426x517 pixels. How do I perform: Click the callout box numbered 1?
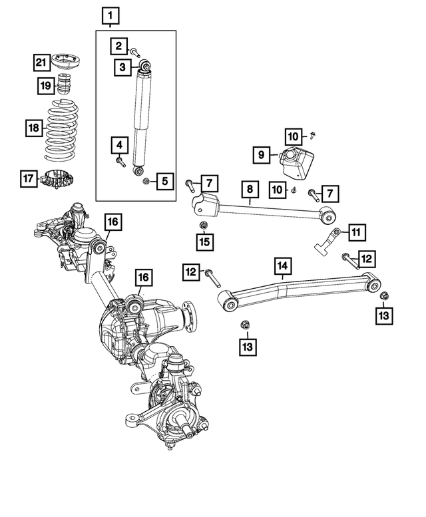[x=110, y=16]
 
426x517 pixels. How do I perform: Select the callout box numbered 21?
[x=41, y=63]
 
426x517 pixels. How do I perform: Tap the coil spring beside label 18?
[x=61, y=130]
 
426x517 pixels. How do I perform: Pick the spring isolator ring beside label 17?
[x=57, y=179]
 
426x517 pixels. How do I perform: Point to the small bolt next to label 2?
[x=135, y=52]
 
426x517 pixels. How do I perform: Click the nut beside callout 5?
[x=146, y=181]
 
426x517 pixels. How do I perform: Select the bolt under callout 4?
[x=120, y=162]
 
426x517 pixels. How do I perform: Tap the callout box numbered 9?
[x=262, y=155]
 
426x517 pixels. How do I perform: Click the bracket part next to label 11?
[x=326, y=242]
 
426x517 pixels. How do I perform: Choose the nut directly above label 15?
[x=203, y=226]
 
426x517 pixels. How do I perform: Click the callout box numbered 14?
[x=283, y=266]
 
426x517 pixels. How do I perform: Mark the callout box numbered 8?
[x=250, y=189]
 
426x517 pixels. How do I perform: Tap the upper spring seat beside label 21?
[x=67, y=61]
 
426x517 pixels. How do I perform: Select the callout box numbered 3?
[x=122, y=67]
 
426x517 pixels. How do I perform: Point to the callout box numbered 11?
[x=357, y=233]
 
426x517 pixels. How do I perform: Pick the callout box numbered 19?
[x=46, y=86]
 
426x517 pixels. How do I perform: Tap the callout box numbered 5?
[x=165, y=181]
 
